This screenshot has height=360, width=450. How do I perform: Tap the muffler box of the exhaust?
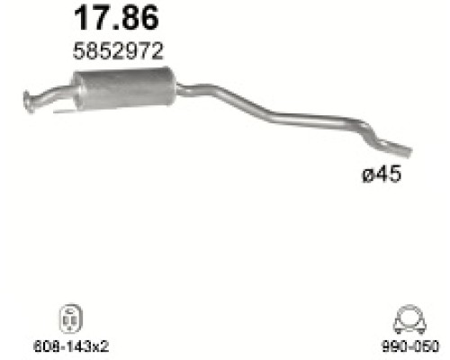(125, 85)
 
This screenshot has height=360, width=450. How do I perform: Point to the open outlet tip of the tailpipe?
(405, 149)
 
